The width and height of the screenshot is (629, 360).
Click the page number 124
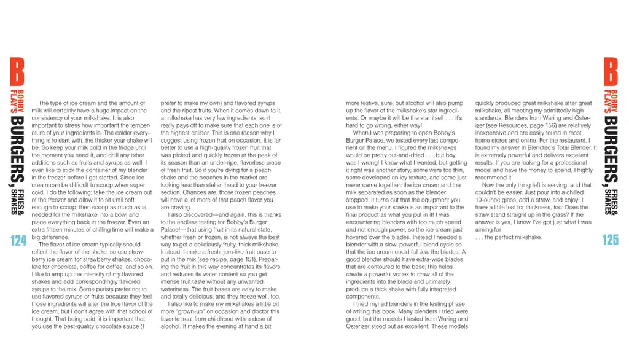(18, 240)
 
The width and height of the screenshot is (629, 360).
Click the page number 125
(610, 240)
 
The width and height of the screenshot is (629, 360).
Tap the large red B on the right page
(611, 72)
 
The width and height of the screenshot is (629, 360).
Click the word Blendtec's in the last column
(541, 147)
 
